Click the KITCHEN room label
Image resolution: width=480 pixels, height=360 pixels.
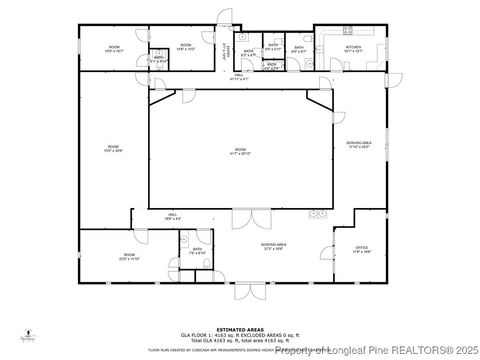(354, 47)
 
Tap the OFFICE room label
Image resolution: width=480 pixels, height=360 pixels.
(362, 248)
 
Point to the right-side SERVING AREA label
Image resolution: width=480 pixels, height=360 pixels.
(359, 144)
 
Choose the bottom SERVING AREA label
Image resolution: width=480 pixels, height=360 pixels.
(274, 245)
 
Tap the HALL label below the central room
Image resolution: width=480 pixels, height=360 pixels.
(171, 215)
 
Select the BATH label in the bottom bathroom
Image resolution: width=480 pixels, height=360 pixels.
(197, 249)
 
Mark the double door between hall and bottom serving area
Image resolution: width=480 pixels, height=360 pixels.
(245, 217)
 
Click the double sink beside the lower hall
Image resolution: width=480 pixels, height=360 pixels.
(318, 212)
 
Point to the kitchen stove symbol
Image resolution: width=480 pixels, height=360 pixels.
(349, 31)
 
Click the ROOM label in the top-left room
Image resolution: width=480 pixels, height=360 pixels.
(115, 47)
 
